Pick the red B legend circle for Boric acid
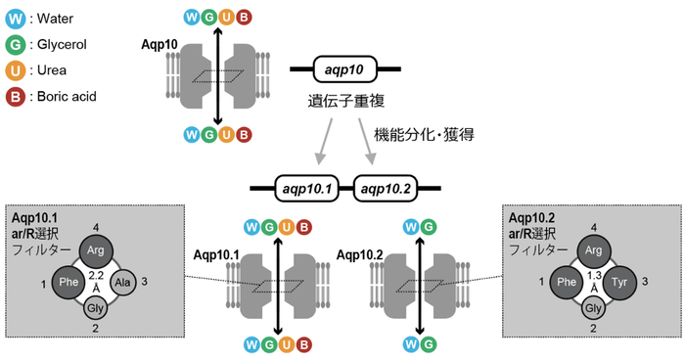coord(18,96)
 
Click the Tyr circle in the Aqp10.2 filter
coord(623,282)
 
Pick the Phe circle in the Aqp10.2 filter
coord(565,282)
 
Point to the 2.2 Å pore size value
coord(95,281)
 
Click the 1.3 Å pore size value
coord(594,281)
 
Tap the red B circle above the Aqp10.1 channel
coord(306,227)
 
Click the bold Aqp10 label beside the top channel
coord(159,43)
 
